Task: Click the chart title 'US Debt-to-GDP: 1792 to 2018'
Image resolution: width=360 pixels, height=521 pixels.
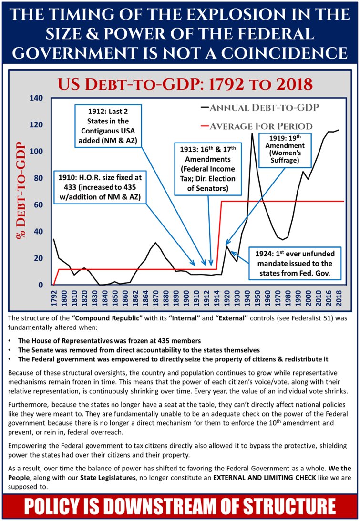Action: pos(185,84)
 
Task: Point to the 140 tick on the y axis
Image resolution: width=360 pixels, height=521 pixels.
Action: pos(37,98)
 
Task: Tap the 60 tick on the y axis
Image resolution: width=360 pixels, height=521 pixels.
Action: pos(39,205)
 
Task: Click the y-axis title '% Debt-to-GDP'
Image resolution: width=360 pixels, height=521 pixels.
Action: pos(20,191)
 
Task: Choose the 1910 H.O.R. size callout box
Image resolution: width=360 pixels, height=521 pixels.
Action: pos(101,186)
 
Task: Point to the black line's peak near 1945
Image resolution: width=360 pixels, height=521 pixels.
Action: pos(252,134)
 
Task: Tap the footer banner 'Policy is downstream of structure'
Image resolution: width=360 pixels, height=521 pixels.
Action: pos(180,506)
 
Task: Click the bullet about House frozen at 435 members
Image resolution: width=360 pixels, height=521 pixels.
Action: pos(106,341)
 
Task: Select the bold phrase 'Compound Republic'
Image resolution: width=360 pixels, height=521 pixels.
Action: pos(102,318)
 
